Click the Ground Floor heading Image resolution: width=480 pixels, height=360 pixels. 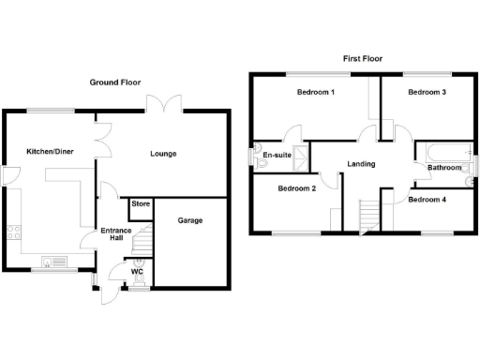click(115, 82)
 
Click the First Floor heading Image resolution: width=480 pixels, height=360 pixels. click(360, 58)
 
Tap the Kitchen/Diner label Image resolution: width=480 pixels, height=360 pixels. click(49, 151)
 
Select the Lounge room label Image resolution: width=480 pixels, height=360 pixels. click(164, 153)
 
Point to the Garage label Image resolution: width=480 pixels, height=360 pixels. click(190, 221)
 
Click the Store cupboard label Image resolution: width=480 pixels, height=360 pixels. click(141, 204)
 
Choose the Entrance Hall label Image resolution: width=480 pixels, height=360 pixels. click(112, 233)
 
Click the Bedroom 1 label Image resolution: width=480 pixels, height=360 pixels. click(316, 93)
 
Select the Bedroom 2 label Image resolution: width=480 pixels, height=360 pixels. click(296, 187)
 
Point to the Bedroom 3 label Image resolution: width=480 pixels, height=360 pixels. click(427, 93)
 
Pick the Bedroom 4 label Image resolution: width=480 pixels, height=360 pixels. click(427, 200)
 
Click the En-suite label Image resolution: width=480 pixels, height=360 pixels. click(277, 155)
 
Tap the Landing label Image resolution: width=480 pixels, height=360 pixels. click(361, 164)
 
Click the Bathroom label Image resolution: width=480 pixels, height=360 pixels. click(444, 169)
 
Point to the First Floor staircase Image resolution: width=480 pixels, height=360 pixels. click(372, 214)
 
